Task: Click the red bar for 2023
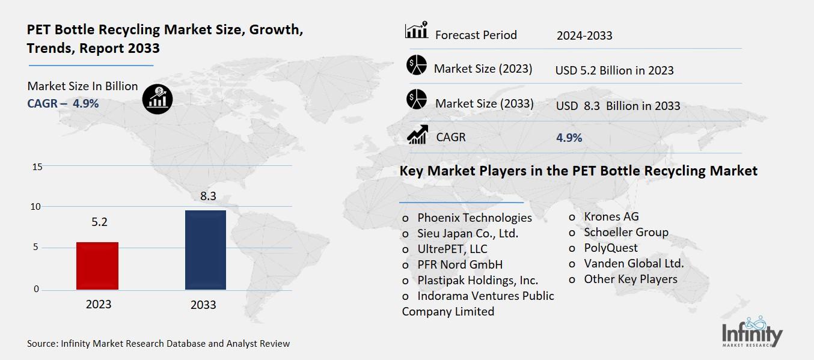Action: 97,266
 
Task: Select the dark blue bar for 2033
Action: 205,249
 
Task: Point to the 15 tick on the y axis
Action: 37,166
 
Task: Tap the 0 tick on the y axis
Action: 36,289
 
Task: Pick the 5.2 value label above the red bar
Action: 99,222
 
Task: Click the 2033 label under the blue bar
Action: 203,305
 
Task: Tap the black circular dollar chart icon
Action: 158,98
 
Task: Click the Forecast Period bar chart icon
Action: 416,30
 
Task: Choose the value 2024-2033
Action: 584,35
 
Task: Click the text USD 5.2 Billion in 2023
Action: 614,70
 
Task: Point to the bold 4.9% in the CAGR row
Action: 569,138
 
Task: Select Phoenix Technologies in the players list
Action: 474,218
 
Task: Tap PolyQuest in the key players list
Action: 610,248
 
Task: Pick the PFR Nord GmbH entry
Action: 460,264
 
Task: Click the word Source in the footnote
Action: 42,344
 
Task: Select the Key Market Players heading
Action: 578,171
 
